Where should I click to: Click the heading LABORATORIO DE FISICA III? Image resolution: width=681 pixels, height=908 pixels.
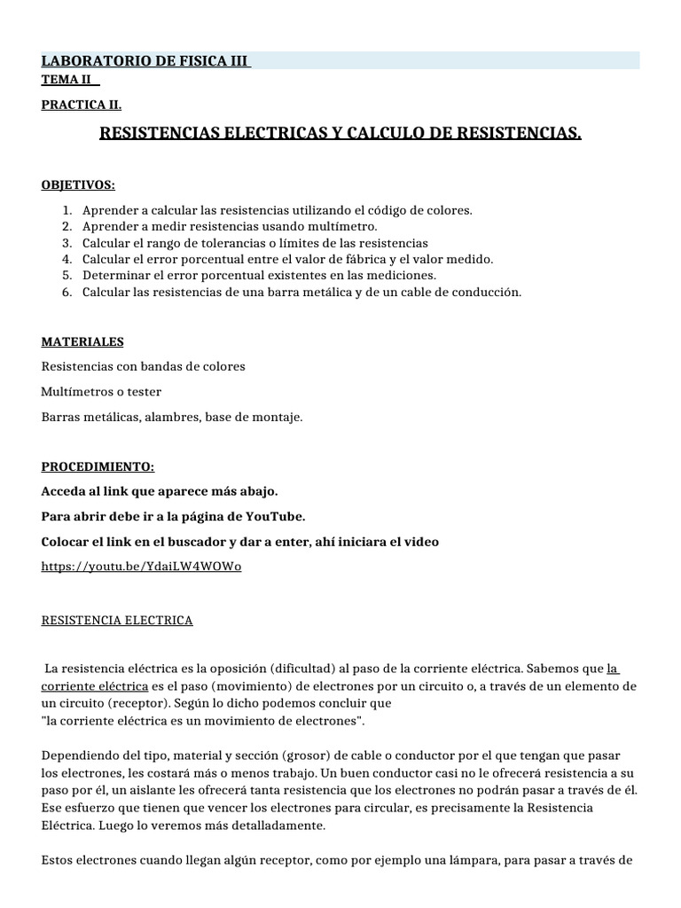pyautogui.click(x=145, y=61)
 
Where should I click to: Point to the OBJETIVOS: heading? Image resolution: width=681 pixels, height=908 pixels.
pyautogui.click(x=78, y=184)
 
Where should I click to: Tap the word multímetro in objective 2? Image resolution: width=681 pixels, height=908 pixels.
pyautogui.click(x=295, y=226)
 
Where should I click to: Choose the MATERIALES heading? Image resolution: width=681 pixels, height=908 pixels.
pyautogui.click(x=82, y=341)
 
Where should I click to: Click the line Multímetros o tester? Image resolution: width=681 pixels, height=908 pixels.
pyautogui.click(x=101, y=391)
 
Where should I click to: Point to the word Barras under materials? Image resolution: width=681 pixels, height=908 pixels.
pyautogui.click(x=61, y=416)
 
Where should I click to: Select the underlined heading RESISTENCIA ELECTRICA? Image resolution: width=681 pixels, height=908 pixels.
pyautogui.click(x=117, y=621)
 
